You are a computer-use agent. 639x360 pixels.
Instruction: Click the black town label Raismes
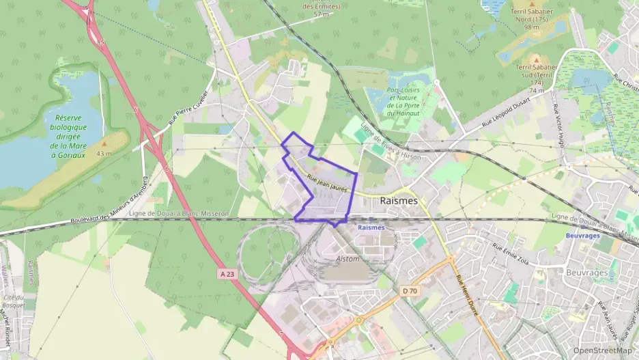click(398, 201)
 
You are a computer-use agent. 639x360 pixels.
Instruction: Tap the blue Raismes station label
click(371, 227)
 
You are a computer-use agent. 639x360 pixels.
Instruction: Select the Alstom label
click(347, 259)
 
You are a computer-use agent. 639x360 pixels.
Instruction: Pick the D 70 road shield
click(409, 292)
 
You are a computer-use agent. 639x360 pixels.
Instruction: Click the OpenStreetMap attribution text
click(602, 350)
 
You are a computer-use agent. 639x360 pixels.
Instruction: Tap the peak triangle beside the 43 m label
click(104, 144)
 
